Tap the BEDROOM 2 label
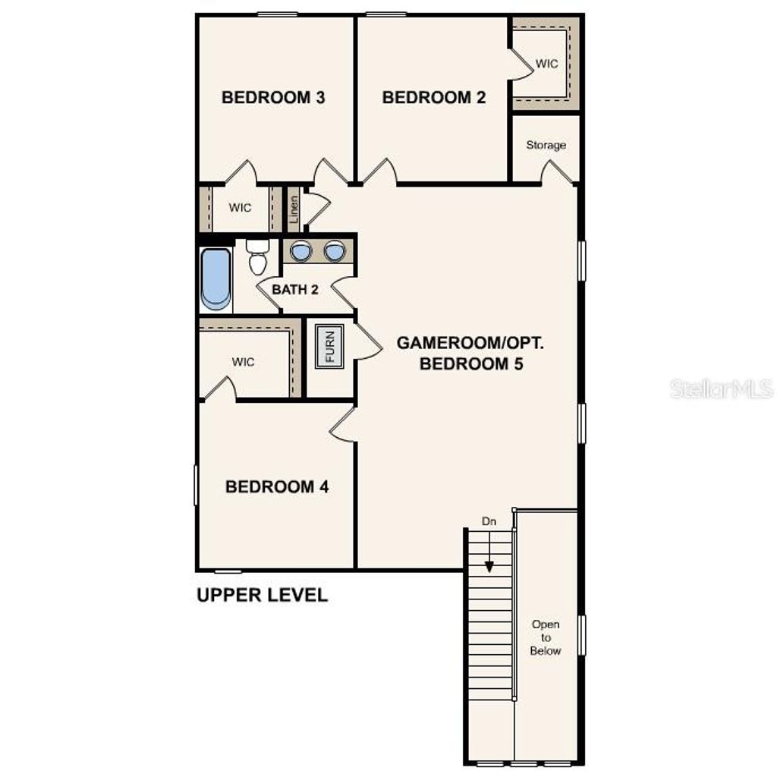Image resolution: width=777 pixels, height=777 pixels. (433, 97)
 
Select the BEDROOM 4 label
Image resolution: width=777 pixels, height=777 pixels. (277, 486)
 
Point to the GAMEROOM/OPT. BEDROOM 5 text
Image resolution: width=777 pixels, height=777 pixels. (470, 353)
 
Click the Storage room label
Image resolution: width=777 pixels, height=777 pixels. (546, 145)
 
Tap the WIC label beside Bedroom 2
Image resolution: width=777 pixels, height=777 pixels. (546, 64)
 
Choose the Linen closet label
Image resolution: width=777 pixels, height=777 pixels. (293, 209)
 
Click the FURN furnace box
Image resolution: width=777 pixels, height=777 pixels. (330, 346)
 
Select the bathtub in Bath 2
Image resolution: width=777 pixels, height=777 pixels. (215, 278)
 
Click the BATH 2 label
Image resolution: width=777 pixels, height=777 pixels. (295, 289)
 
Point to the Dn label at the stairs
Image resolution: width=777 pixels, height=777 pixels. (489, 521)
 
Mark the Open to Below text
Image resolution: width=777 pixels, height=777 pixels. (546, 637)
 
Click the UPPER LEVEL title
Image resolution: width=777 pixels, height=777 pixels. (262, 595)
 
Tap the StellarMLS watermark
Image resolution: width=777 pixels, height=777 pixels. (721, 389)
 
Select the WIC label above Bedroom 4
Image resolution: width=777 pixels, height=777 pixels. (244, 362)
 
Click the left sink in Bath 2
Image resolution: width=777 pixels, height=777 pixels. (302, 250)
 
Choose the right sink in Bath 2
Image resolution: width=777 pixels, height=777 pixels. (334, 250)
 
